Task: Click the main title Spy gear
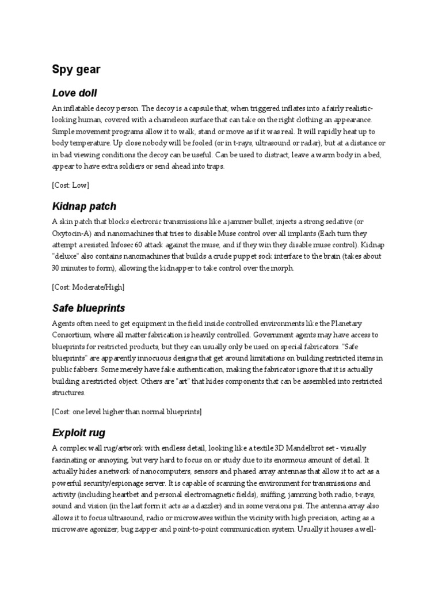click(76, 70)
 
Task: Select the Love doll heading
click(74, 93)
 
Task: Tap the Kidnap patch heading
click(84, 206)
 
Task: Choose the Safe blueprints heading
click(88, 308)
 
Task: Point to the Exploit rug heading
click(78, 432)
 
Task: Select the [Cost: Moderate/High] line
click(87, 286)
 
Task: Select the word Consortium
click(72, 335)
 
